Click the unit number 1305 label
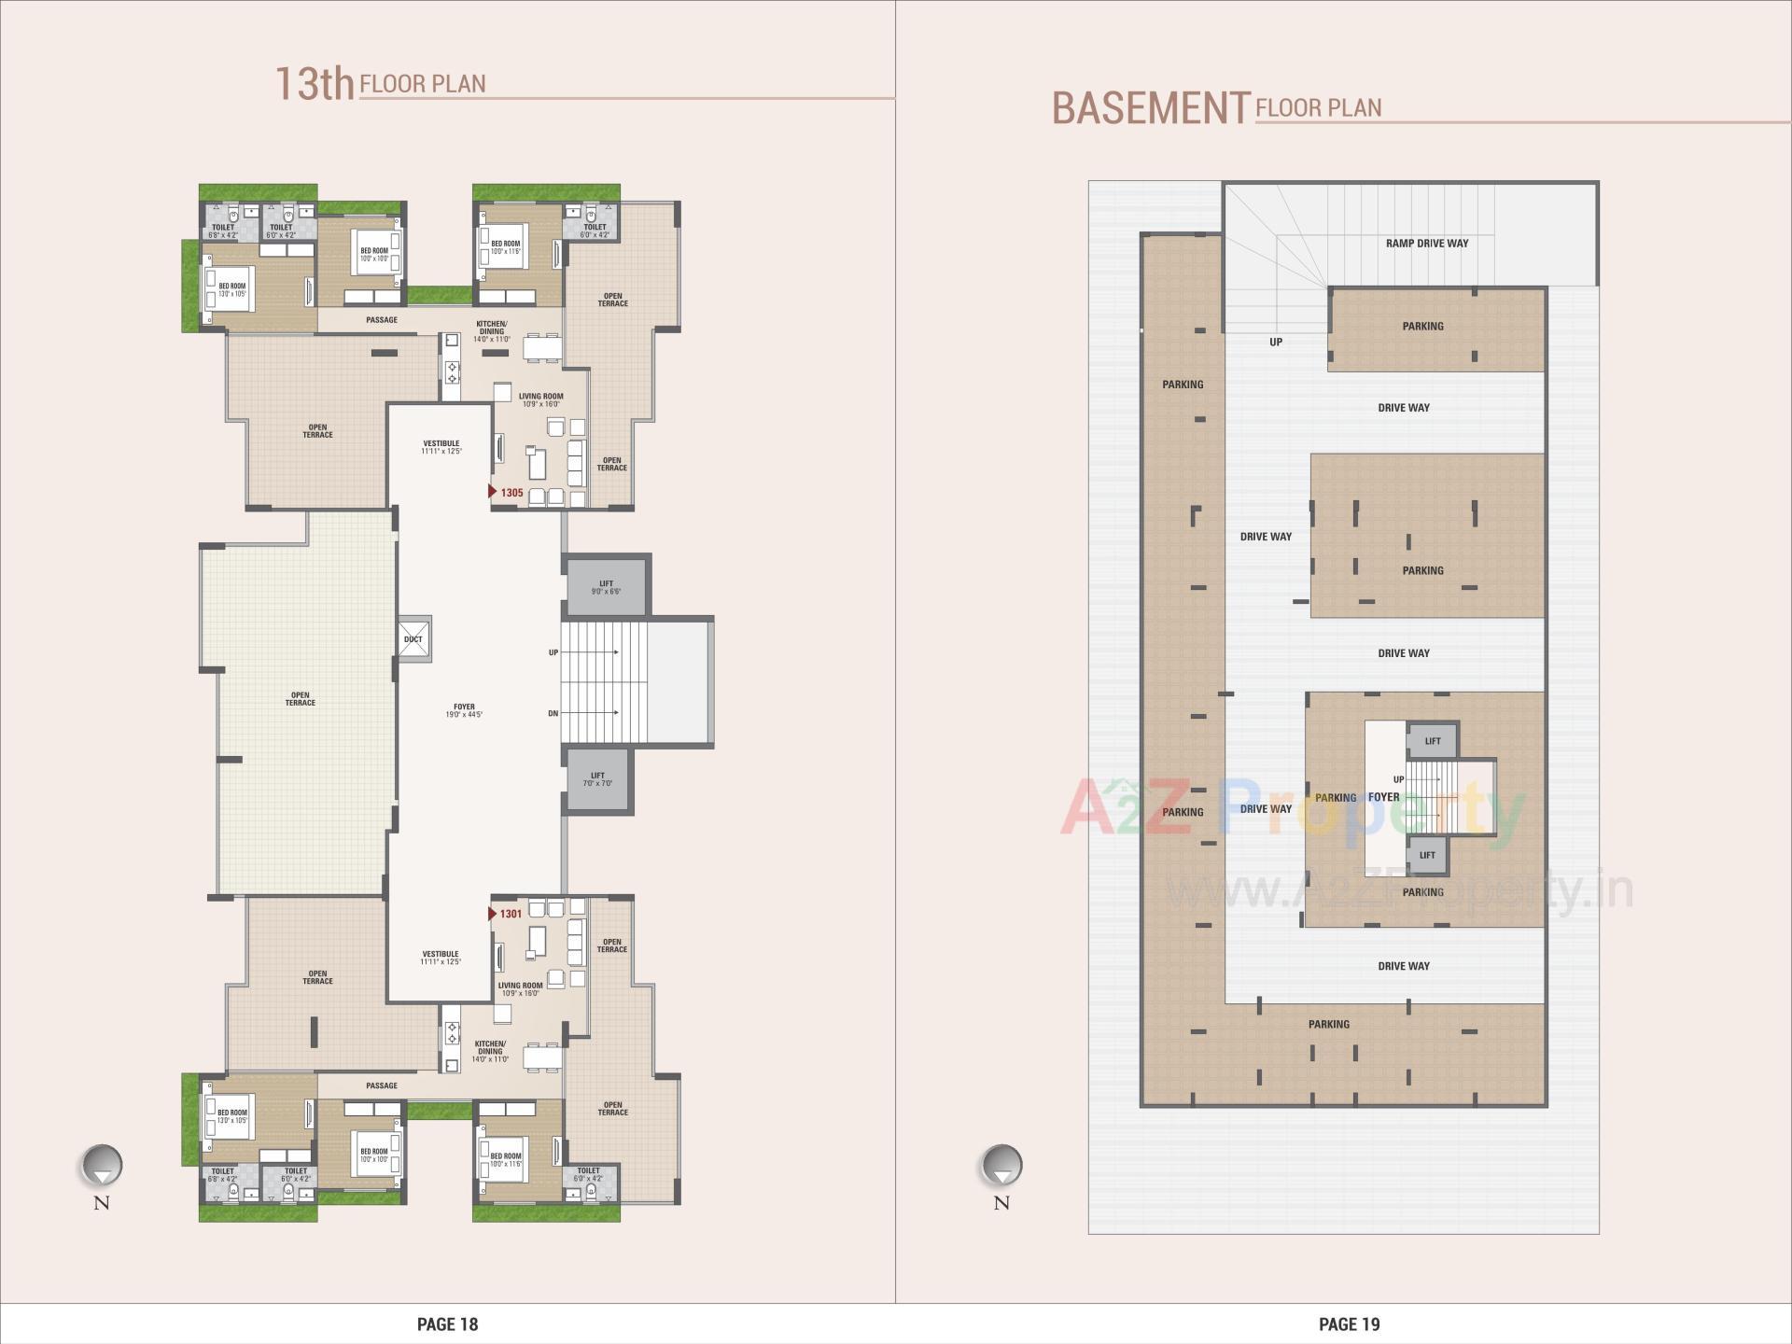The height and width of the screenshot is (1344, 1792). pos(511,493)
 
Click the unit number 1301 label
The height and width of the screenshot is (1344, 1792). pos(511,914)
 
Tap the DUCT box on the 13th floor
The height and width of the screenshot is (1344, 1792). pos(413,639)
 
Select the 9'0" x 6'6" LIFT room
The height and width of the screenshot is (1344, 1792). pos(606,587)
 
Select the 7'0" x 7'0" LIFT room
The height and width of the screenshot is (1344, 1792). pos(597,779)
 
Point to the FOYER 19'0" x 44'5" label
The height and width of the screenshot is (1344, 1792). pos(464,711)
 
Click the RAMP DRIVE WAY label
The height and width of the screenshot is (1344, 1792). pos(1426,244)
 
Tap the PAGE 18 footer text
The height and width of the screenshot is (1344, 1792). pos(447,1323)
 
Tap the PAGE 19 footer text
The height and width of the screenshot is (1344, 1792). pos(1349,1323)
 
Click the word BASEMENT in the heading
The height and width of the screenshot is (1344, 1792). pos(1150,108)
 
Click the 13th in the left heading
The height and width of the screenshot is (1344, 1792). pos(314,83)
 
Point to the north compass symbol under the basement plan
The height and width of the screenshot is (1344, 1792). pos(1001,1167)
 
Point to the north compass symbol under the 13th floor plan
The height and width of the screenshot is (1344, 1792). pos(102,1167)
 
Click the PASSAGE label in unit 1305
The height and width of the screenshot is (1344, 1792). pos(382,320)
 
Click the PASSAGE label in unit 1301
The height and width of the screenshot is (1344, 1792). pos(382,1085)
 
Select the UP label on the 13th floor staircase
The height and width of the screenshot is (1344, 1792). pos(553,652)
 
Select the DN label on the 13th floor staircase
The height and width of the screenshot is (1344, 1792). pos(553,714)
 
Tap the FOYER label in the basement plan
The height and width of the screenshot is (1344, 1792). pos(1383,797)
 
